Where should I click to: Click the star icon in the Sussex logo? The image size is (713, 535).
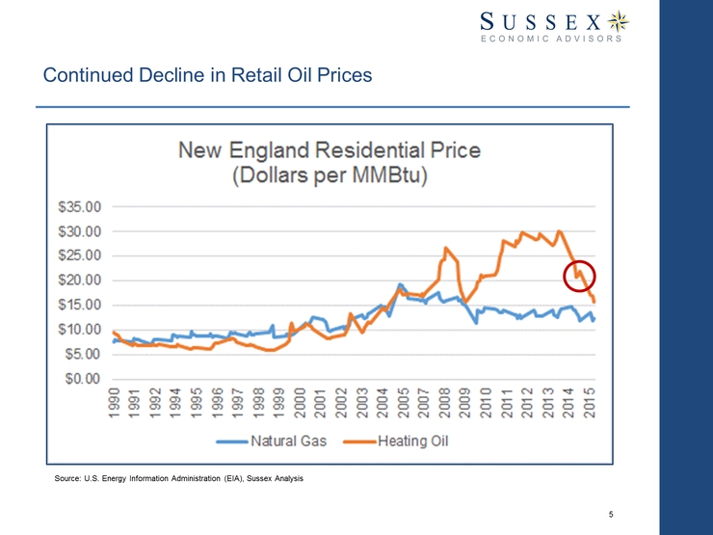click(621, 21)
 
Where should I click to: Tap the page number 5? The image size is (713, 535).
click(612, 512)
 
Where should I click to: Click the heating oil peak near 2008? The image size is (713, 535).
click(445, 248)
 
